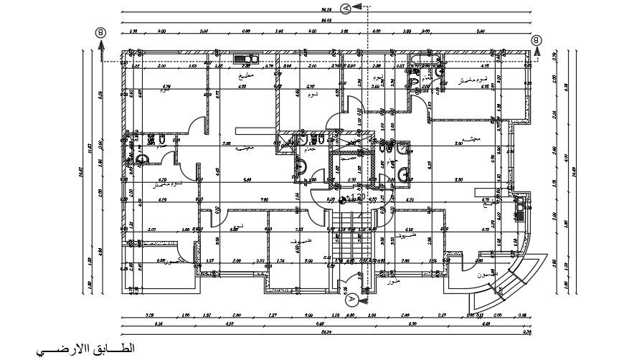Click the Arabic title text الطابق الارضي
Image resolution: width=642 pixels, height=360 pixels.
pyautogui.click(x=83, y=348)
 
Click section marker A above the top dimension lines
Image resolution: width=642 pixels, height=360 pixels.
pyautogui.click(x=347, y=8)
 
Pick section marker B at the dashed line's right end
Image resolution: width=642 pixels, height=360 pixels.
pyautogui.click(x=537, y=41)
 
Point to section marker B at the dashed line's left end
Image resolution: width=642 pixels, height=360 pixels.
pyautogui.click(x=101, y=32)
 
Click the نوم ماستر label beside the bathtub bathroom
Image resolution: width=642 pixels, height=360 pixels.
pyautogui.click(x=473, y=79)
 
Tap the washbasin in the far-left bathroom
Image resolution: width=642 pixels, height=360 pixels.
pyautogui.click(x=141, y=159)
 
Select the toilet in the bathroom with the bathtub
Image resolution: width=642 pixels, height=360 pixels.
pyautogui.click(x=437, y=72)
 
